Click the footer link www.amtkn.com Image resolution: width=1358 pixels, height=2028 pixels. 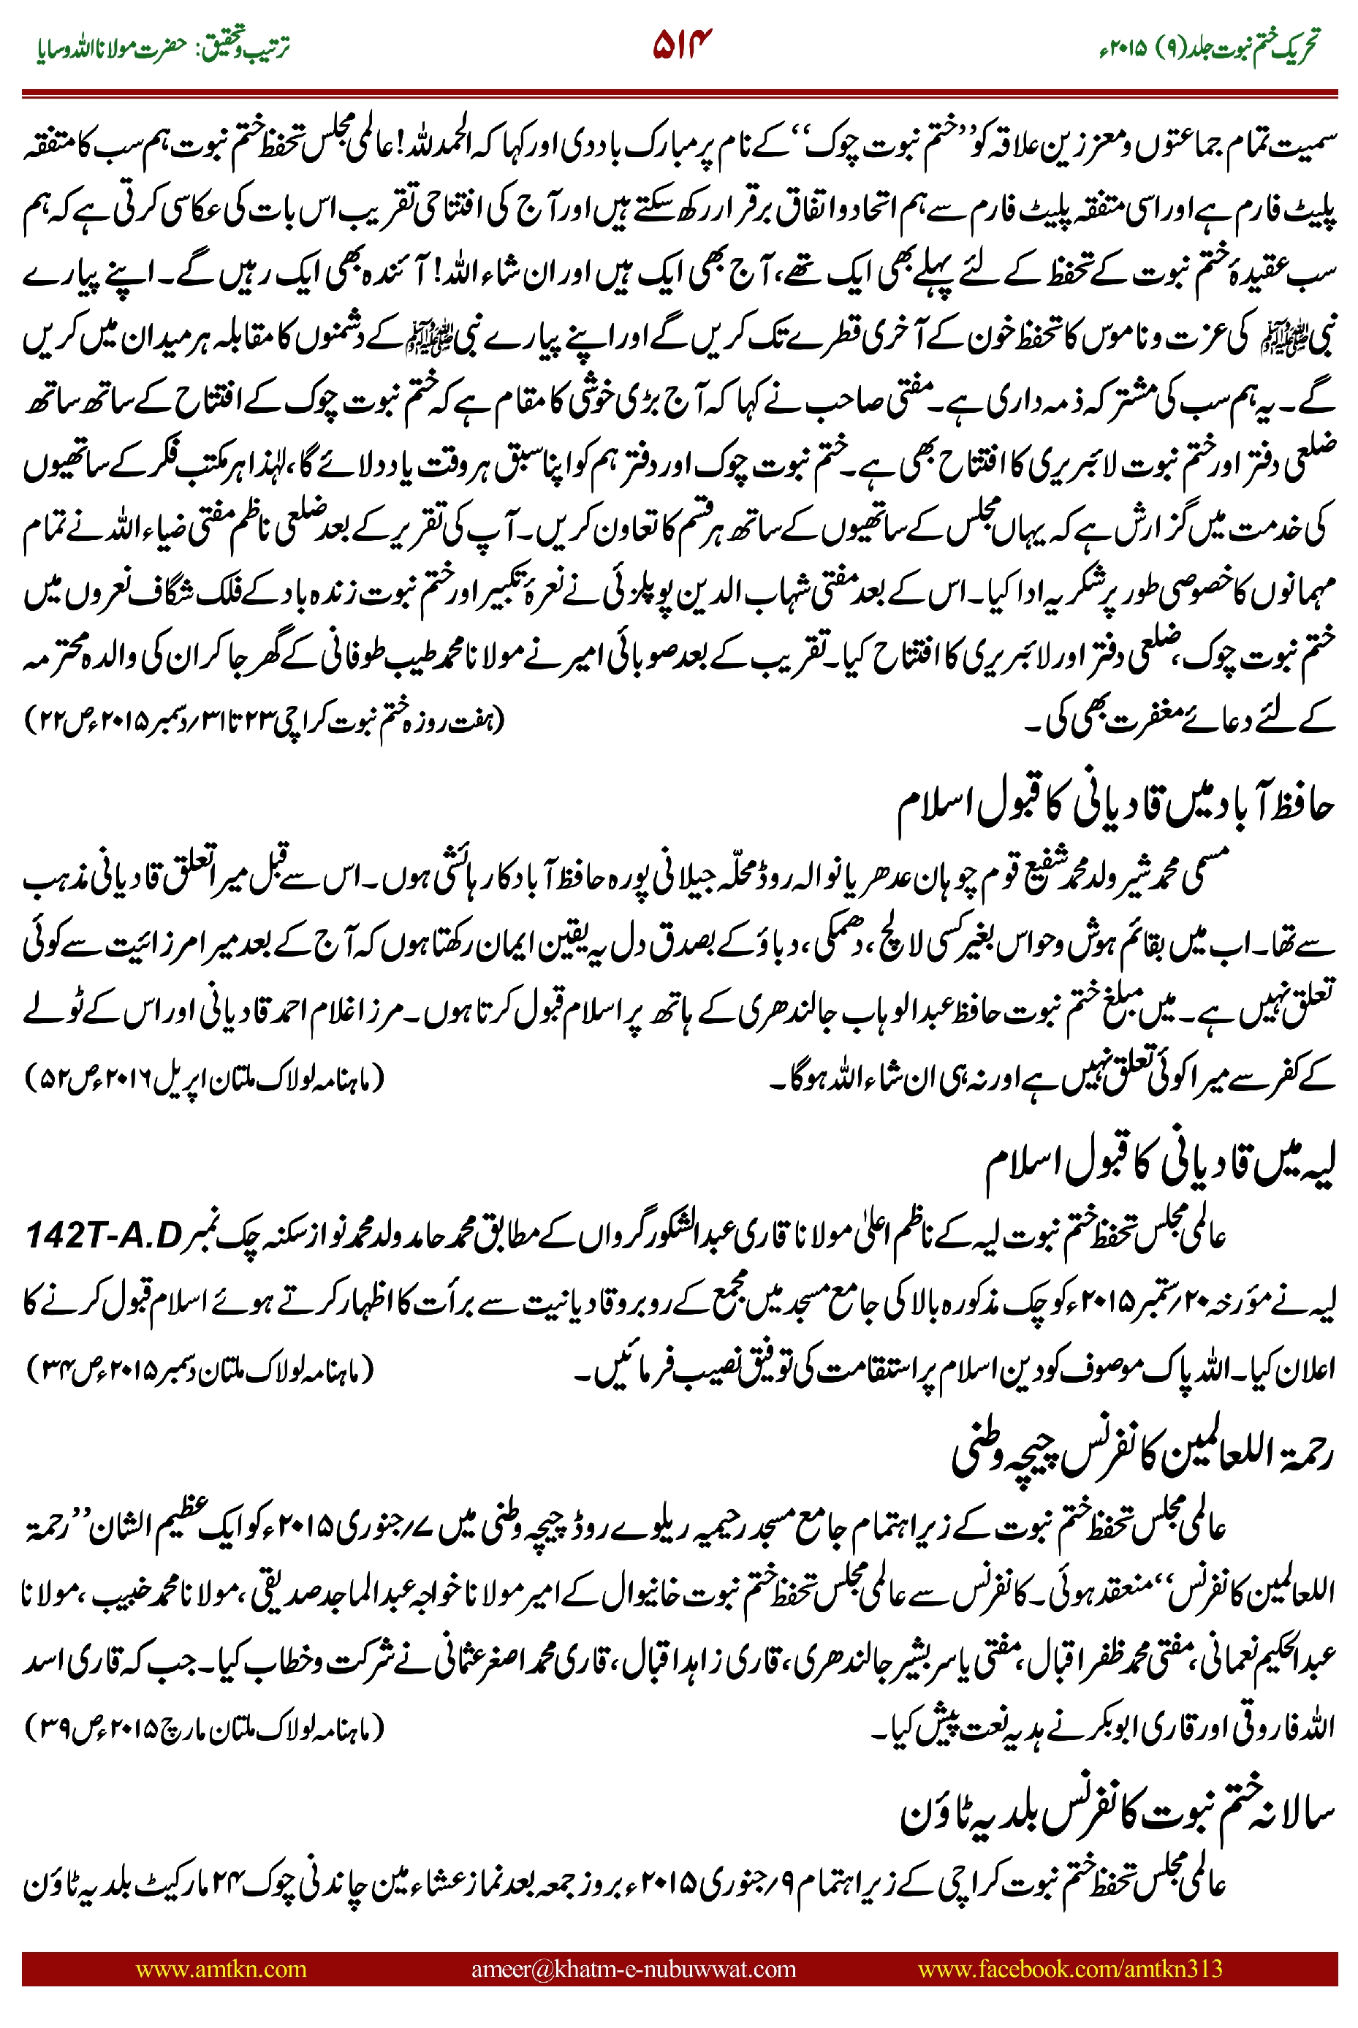click(x=221, y=1968)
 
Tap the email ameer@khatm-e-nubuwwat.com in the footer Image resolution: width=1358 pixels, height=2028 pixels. click(x=633, y=1968)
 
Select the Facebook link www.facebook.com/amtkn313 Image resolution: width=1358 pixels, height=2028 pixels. click(x=1069, y=1968)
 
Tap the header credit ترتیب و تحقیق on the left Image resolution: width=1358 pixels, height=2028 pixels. click(x=251, y=48)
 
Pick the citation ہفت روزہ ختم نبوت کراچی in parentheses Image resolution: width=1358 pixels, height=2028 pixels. click(x=264, y=718)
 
